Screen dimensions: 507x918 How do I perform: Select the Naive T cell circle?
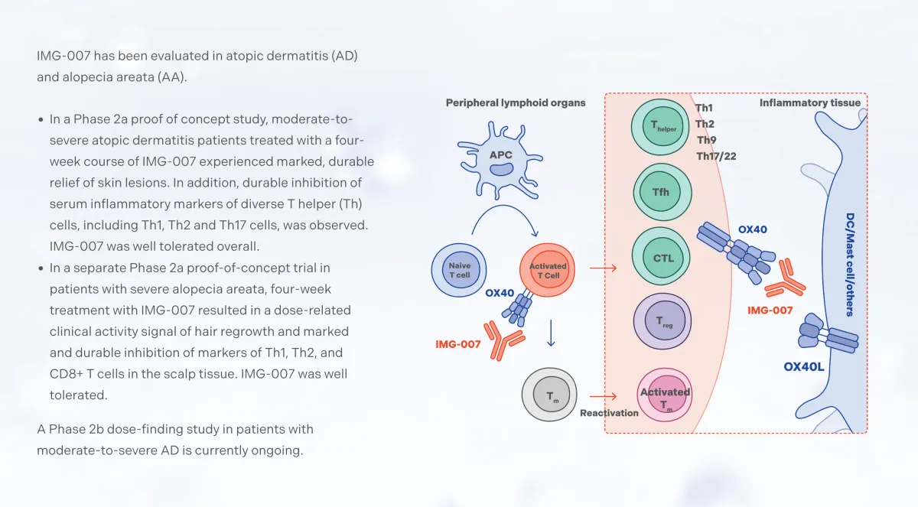pos(460,269)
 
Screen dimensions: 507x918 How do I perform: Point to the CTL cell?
pos(662,257)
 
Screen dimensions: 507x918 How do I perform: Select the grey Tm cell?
pos(549,394)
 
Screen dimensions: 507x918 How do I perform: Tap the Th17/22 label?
pos(716,157)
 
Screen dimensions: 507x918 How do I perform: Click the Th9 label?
pos(706,140)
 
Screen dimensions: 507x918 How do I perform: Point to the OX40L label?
pos(804,366)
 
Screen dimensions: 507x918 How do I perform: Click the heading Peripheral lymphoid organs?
pos(516,102)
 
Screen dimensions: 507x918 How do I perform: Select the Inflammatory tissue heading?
pos(809,102)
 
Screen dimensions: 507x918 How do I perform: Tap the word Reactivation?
pos(609,413)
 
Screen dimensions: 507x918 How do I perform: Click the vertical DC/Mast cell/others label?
pos(849,264)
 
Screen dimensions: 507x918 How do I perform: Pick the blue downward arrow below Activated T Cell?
pos(550,332)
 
